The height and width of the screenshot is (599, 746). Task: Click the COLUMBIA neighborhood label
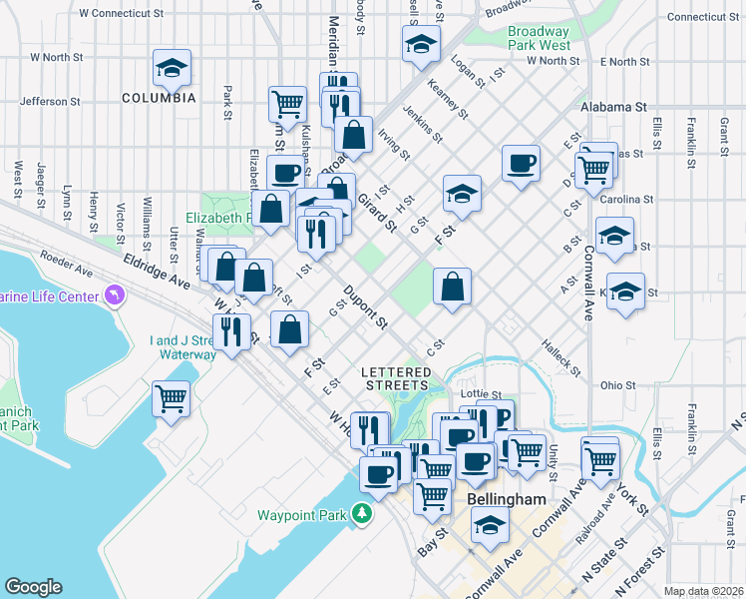click(x=159, y=98)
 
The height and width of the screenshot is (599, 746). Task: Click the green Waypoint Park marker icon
click(x=361, y=515)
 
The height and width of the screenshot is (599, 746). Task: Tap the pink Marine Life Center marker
click(x=116, y=296)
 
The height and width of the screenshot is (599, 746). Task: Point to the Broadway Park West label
click(x=539, y=38)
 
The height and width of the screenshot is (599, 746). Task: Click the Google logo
click(x=34, y=587)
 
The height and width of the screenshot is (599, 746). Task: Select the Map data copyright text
click(x=704, y=591)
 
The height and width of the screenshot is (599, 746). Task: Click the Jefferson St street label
click(x=49, y=101)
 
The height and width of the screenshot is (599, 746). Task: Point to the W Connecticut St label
click(x=121, y=14)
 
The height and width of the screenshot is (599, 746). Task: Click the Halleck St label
click(x=561, y=358)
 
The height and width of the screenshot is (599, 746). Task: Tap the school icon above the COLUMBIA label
click(x=172, y=68)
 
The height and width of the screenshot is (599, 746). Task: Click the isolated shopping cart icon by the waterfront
click(x=171, y=398)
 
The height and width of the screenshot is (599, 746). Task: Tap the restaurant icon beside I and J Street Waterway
click(x=231, y=331)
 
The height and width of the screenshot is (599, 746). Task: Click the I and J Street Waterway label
click(x=183, y=347)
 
